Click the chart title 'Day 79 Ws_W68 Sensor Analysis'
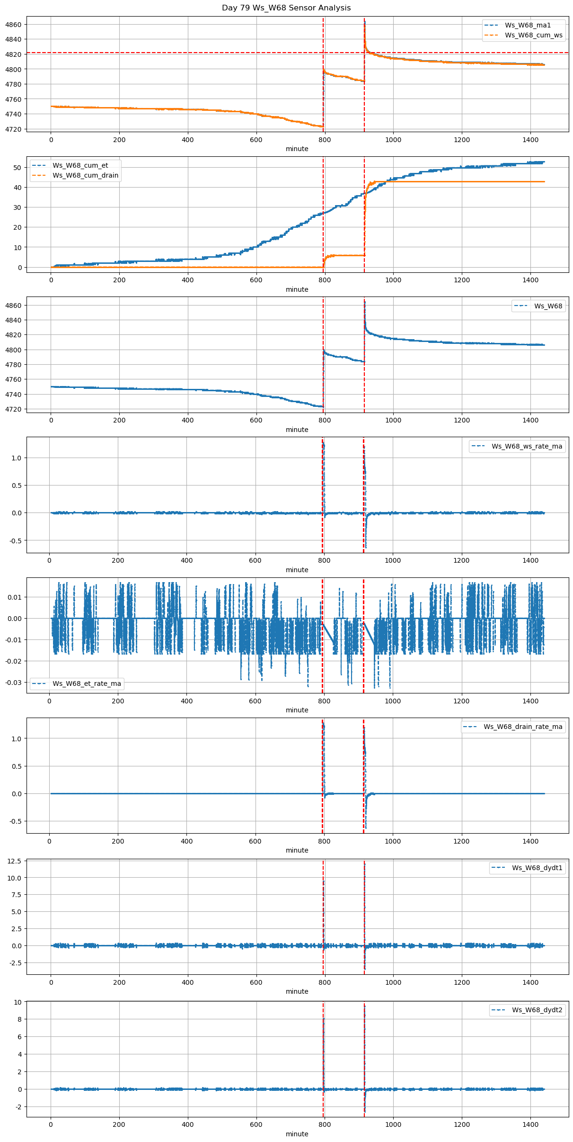click(x=286, y=8)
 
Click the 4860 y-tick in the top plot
click(x=13, y=25)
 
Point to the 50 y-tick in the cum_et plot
click(x=18, y=168)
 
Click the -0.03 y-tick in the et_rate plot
click(x=13, y=683)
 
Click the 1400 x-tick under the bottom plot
click(x=530, y=1125)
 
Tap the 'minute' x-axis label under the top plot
click(x=297, y=149)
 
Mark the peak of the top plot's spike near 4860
click(x=364, y=22)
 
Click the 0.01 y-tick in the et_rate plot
click(x=15, y=597)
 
